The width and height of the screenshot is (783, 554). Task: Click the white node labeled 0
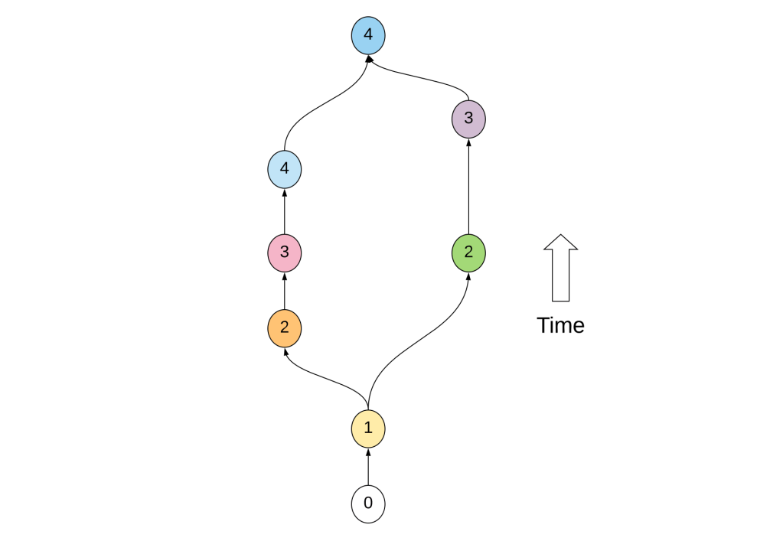click(368, 504)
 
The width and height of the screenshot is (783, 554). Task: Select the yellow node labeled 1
click(368, 429)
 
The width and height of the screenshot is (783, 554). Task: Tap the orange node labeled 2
click(285, 328)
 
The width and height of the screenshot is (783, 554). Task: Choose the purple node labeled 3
click(468, 119)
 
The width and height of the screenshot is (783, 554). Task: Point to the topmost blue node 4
click(368, 36)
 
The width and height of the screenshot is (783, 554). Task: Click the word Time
click(560, 326)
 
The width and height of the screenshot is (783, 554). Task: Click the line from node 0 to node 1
click(368, 471)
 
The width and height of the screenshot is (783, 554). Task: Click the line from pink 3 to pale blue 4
click(285, 213)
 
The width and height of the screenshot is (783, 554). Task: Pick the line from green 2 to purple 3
click(468, 187)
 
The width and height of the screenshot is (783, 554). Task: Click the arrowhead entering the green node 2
click(468, 275)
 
